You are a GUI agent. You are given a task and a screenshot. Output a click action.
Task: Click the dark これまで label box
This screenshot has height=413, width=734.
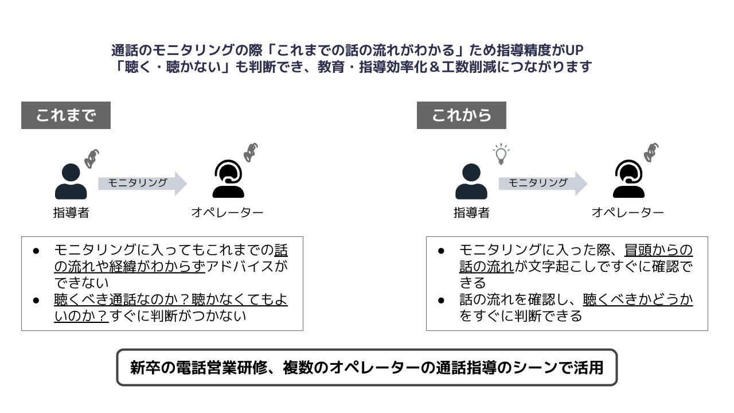coord(65,115)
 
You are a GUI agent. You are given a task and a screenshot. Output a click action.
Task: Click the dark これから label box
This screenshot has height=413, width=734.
coord(461,115)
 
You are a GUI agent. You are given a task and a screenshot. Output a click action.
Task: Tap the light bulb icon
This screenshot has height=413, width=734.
coord(501,154)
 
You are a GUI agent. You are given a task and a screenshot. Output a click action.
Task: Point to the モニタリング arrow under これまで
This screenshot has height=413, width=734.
coord(142,183)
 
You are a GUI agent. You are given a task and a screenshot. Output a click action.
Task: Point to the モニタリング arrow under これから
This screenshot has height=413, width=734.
coord(542,183)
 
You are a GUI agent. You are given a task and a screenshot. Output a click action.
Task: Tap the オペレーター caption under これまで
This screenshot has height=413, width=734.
coord(227,213)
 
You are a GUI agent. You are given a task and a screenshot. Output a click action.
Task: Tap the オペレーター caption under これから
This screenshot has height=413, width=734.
coord(627,213)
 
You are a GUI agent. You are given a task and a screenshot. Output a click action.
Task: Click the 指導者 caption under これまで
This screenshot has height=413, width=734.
coord(71,213)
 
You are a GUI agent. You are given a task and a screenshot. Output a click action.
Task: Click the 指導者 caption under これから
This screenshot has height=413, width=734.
coord(471,213)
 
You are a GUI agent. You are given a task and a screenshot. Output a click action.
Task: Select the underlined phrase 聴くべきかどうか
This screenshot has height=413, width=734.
coord(638,299)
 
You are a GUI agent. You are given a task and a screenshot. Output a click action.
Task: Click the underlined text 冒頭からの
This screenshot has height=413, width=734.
coord(658,250)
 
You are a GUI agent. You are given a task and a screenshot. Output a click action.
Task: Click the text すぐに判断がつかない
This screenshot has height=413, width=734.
coord(178,315)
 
